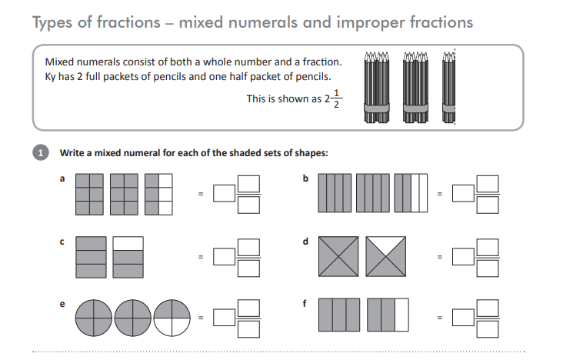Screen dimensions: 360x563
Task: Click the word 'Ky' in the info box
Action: coord(52,75)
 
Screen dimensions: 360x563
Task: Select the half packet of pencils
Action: coord(448,88)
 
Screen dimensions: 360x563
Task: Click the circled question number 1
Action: coord(42,152)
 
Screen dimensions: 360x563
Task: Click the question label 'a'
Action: coord(62,178)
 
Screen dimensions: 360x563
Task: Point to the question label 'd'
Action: coord(305,242)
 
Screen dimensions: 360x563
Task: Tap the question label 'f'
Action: coord(305,304)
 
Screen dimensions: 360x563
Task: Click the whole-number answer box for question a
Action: coord(224,194)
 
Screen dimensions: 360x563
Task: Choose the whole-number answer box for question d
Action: coord(461,256)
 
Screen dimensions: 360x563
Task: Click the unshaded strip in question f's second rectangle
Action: coord(401,317)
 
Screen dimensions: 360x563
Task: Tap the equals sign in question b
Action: coord(439,194)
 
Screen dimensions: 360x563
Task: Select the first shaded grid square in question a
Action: coord(91,193)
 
